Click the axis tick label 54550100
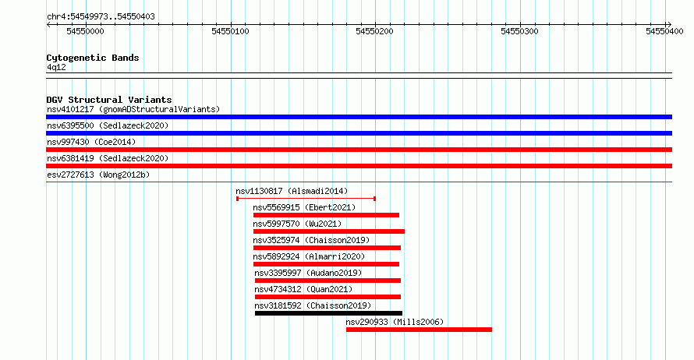[x=230, y=31]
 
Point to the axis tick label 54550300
[x=519, y=31]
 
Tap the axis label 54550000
[x=86, y=31]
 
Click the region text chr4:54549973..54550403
[x=101, y=17]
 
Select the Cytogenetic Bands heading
[x=93, y=58]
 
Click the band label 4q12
[x=56, y=68]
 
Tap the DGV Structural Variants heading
[x=109, y=100]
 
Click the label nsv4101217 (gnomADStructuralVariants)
[x=133, y=109]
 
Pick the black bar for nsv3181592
[x=328, y=313]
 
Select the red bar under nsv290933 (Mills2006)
[x=419, y=330]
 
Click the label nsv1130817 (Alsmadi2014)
[x=292, y=191]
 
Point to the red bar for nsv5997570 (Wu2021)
[x=329, y=231]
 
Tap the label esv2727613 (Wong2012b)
[x=98, y=175]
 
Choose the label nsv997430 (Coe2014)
[x=91, y=142]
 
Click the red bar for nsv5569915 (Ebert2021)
[x=326, y=215]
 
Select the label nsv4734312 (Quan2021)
[x=303, y=289]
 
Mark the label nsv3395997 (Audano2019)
[x=308, y=273]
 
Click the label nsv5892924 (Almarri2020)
[x=309, y=256]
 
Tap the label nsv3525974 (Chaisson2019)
[x=311, y=240]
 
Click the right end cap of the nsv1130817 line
[x=374, y=199]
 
